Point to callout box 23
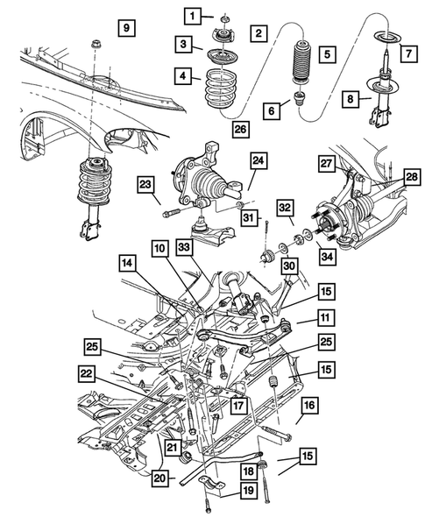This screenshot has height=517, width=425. coord(145,182)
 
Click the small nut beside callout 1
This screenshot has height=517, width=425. coord(224,18)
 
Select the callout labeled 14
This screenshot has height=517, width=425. coord(127,262)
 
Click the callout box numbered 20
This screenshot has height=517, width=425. coord(158,478)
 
